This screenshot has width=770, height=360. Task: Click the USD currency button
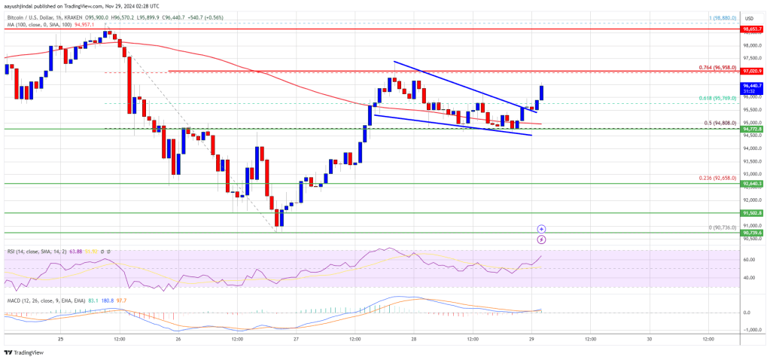(x=750, y=17)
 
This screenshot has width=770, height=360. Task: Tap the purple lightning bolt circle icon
(x=541, y=239)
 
